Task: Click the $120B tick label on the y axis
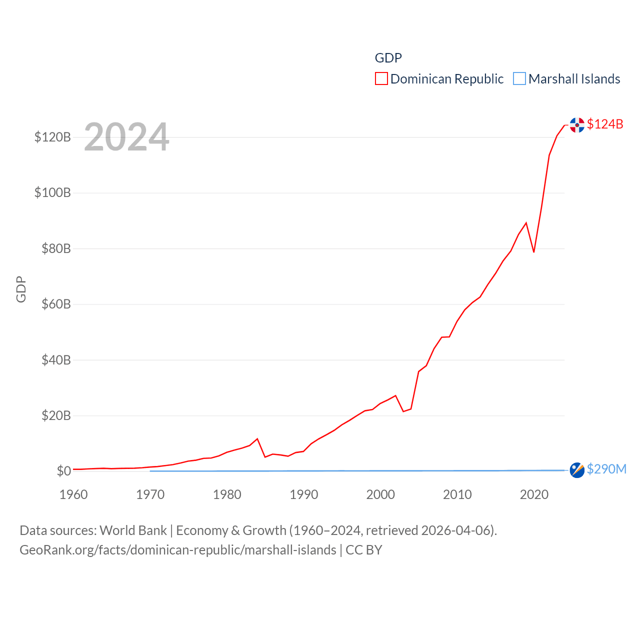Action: pos(52,137)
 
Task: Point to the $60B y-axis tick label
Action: pos(56,304)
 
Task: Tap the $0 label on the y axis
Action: pos(63,471)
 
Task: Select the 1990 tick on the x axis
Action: pos(303,494)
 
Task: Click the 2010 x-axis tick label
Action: pos(457,494)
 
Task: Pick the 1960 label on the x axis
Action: pos(73,494)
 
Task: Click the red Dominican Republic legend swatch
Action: pos(381,79)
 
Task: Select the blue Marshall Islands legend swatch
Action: pos(519,79)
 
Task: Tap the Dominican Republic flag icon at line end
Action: pos(577,125)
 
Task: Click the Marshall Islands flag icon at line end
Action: pos(577,470)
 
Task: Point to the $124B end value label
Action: pos(605,124)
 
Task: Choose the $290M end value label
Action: pos(606,469)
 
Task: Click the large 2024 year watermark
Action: pos(126,137)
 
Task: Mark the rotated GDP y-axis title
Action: pos(21,289)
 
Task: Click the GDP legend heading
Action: pos(388,58)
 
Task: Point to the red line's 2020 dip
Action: pos(534,251)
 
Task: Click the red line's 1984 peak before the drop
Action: pos(257,439)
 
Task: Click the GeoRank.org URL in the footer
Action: pos(177,550)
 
